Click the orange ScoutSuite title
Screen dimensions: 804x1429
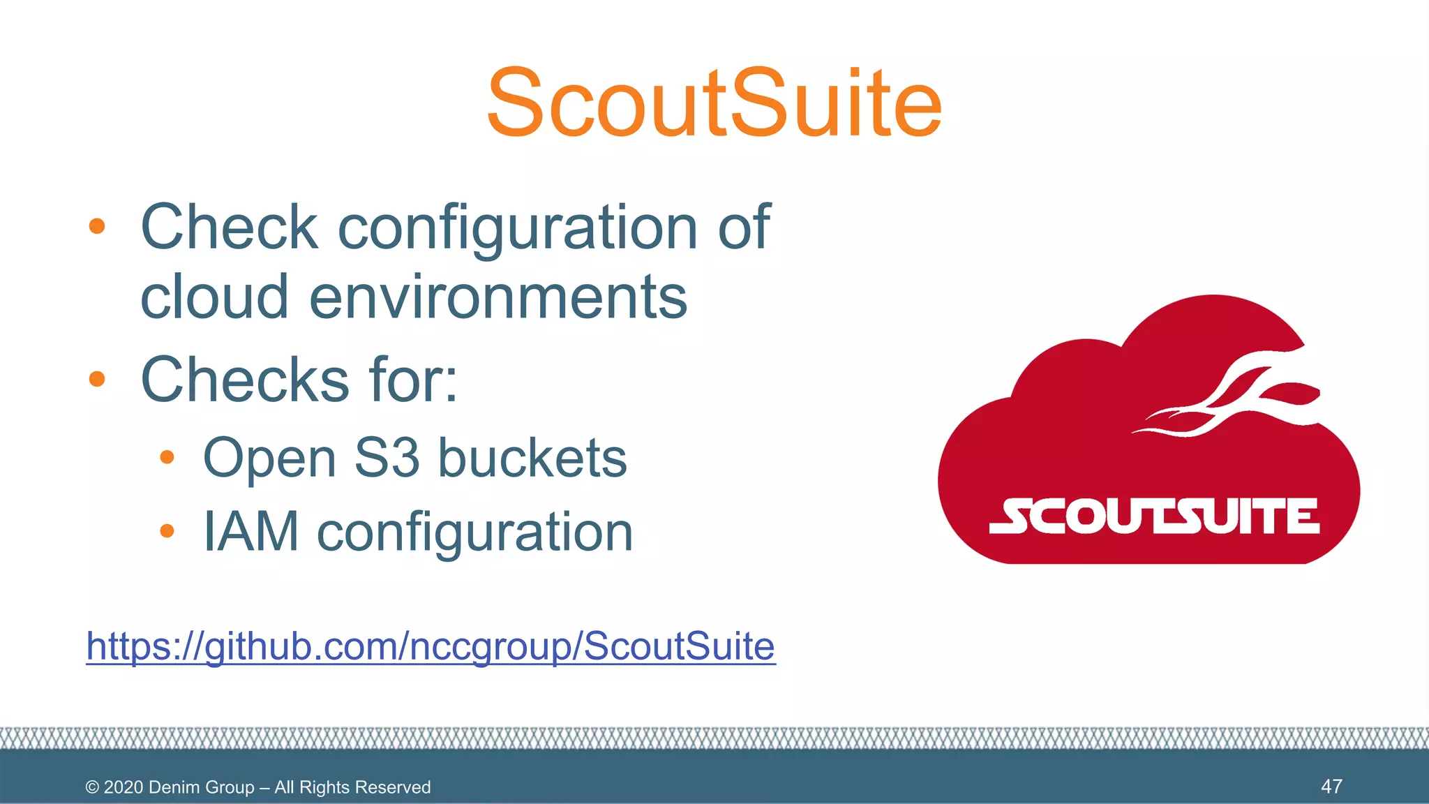[x=714, y=103]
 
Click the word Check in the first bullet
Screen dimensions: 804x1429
[x=229, y=227]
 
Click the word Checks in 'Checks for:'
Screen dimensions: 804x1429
[x=244, y=380]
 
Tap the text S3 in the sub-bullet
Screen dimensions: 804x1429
[x=387, y=458]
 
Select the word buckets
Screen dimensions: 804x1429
[x=532, y=458]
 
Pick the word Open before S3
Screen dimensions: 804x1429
[x=270, y=459]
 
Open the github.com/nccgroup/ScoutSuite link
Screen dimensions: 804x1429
[x=431, y=646]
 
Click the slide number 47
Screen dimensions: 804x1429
[x=1331, y=787]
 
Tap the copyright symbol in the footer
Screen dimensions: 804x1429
[x=92, y=787]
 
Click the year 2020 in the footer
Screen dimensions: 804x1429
[x=124, y=787]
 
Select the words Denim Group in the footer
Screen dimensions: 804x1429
[x=201, y=787]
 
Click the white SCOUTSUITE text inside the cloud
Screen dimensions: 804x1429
[x=1154, y=516]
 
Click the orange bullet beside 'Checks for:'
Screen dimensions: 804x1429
[x=97, y=380]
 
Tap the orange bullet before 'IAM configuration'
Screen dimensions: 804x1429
[x=166, y=532]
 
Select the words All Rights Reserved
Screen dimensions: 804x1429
[x=352, y=787]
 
